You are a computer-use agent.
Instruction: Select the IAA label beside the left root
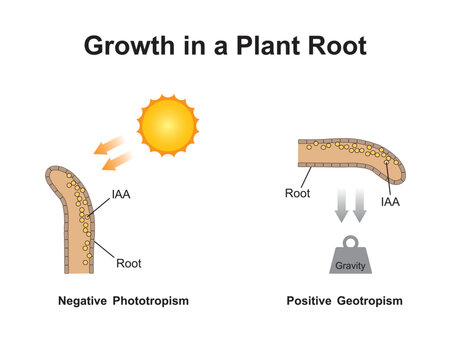(120, 194)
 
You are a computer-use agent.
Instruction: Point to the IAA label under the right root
(391, 202)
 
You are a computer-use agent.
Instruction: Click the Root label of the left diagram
(129, 264)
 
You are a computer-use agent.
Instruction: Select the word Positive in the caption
(308, 301)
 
